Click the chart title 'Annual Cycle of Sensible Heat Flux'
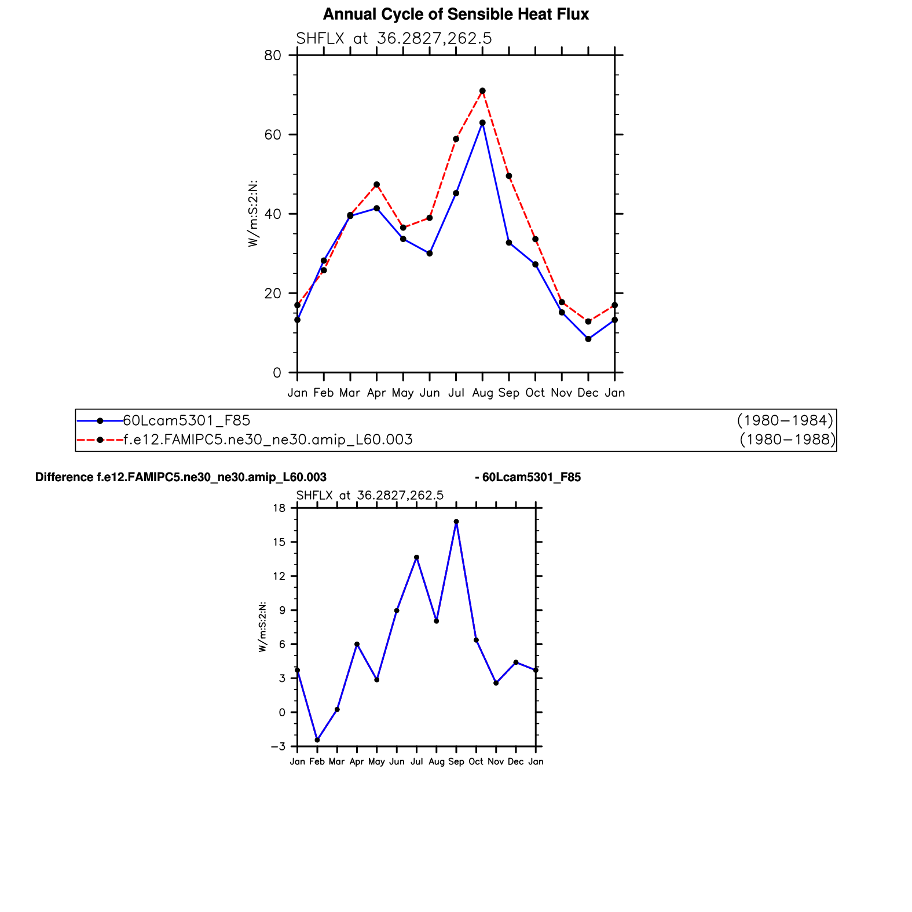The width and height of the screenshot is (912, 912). click(x=456, y=14)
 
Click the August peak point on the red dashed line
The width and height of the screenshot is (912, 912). click(x=482, y=91)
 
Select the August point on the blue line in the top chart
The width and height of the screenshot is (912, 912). click(x=482, y=123)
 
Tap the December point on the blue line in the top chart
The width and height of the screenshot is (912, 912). click(x=588, y=339)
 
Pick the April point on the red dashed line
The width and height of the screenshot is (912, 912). click(x=377, y=185)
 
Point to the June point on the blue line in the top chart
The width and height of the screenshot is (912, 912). click(x=430, y=253)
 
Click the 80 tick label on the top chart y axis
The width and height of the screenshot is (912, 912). click(x=273, y=56)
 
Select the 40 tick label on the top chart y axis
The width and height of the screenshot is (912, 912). click(x=273, y=214)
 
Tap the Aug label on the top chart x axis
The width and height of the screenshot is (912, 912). click(x=482, y=393)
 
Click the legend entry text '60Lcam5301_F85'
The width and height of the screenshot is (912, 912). click(x=186, y=420)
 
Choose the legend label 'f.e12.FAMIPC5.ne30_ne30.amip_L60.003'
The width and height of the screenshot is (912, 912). click(x=268, y=440)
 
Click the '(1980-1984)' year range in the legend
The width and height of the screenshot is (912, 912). click(x=785, y=420)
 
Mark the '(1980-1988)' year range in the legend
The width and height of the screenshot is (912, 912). click(x=788, y=440)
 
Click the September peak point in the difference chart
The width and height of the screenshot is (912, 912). click(x=456, y=522)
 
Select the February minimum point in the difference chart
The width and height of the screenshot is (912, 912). click(x=317, y=740)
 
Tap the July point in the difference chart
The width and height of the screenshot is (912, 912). click(x=416, y=557)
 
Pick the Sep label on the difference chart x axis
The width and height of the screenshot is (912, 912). click(x=456, y=762)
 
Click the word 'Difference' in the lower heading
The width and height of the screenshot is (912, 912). click(x=64, y=477)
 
